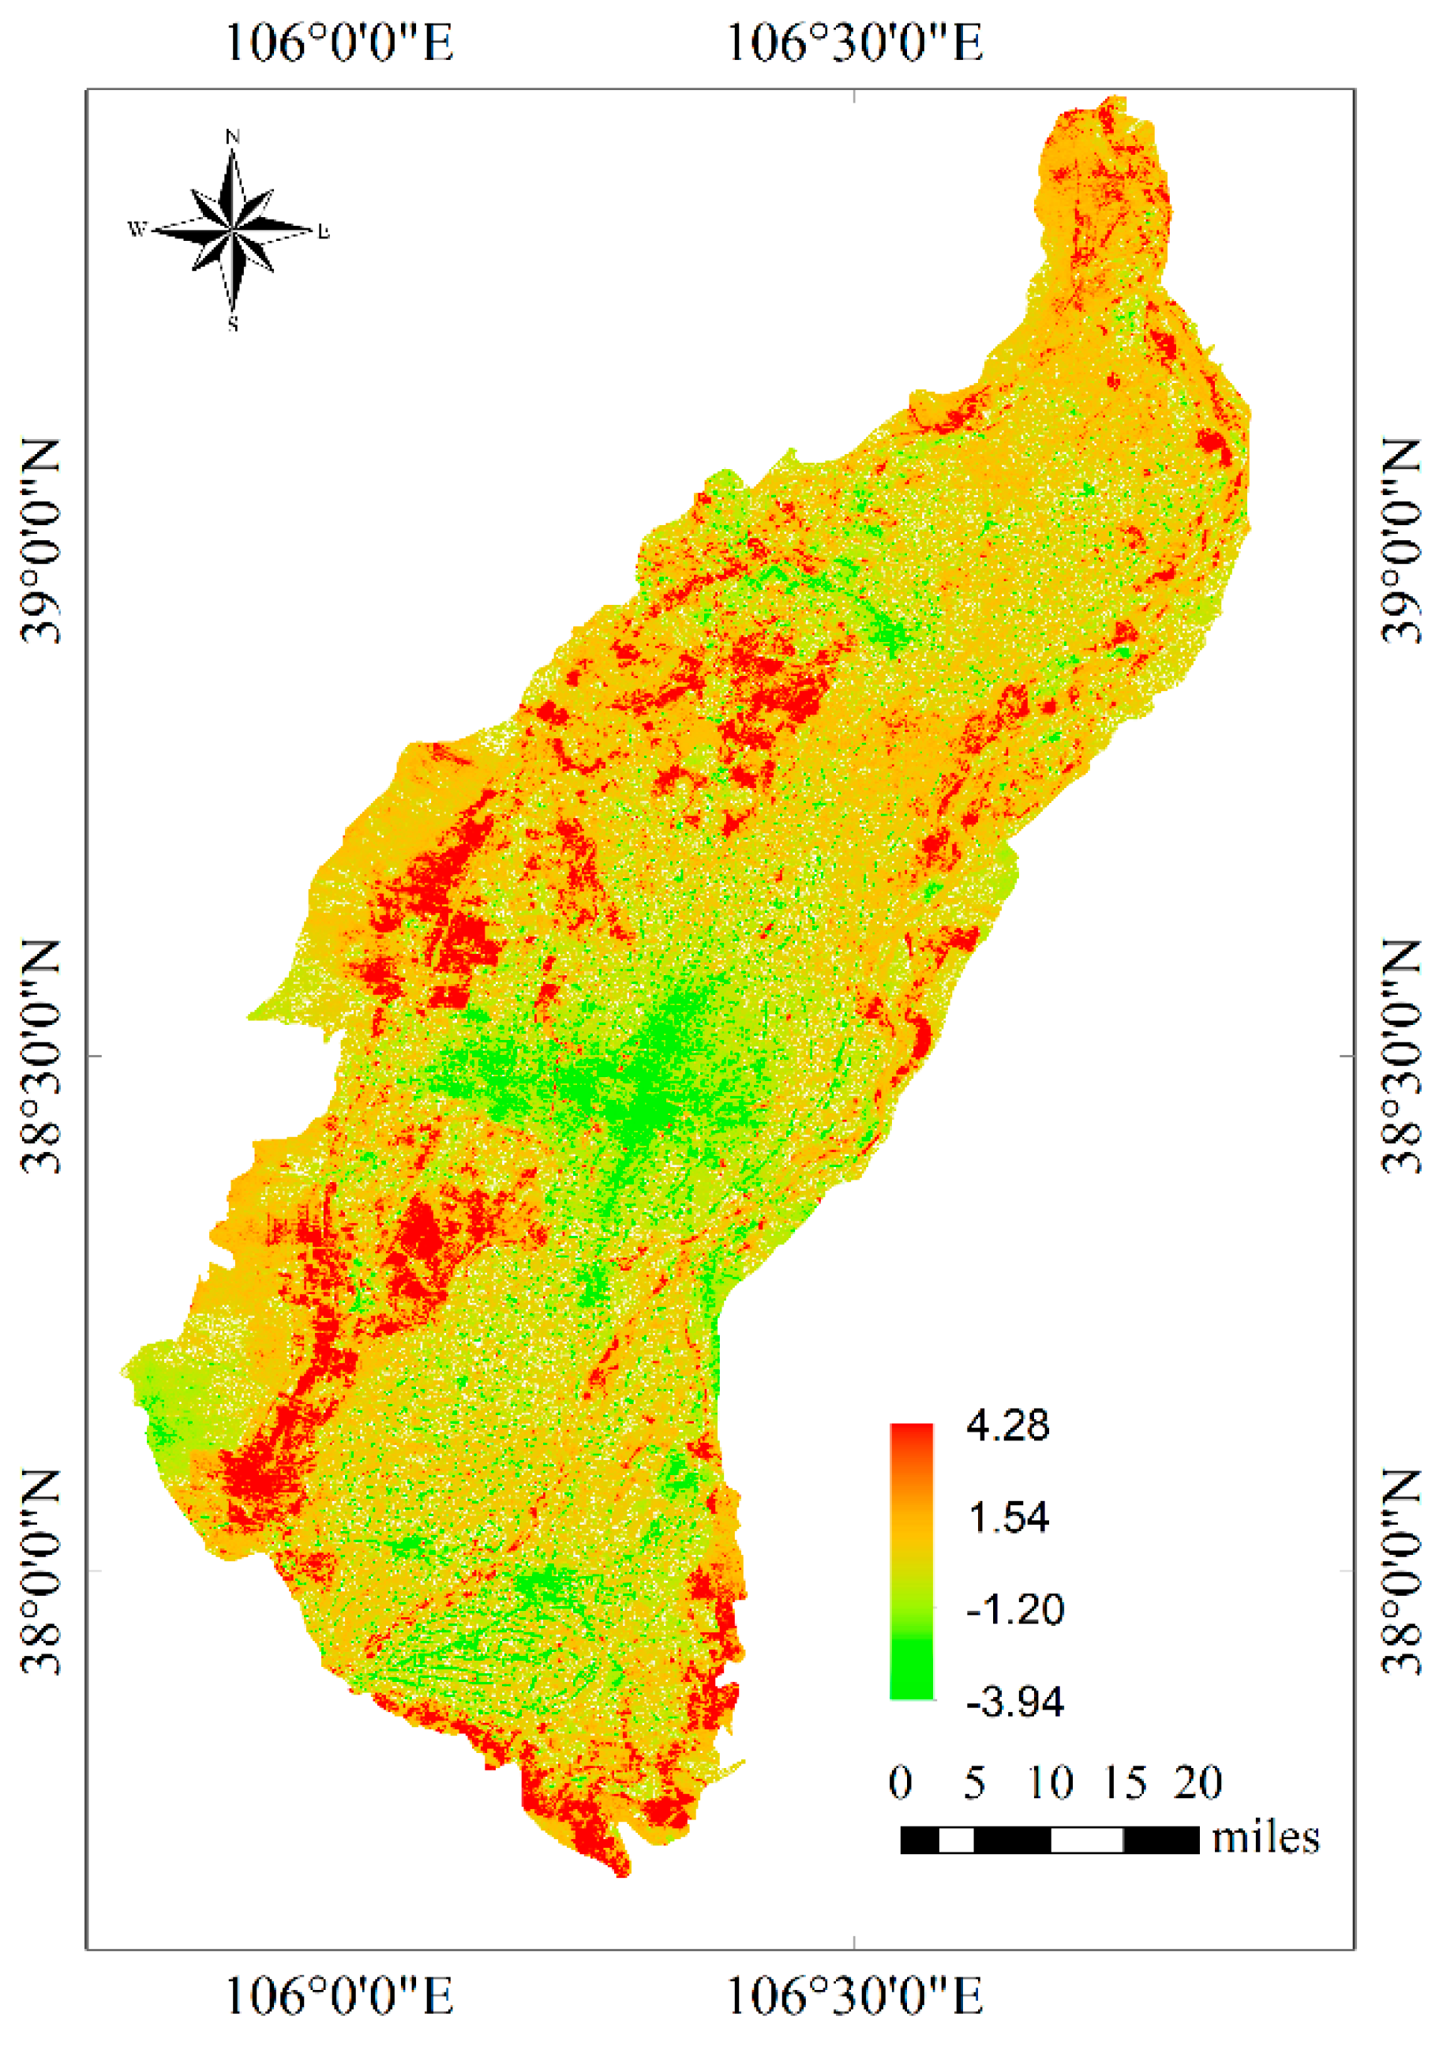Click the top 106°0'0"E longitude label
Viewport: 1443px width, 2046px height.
339,42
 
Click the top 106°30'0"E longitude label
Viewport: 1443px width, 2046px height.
854,42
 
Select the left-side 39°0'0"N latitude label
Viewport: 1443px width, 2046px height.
41,542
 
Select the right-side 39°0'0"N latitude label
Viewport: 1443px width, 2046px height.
1402,542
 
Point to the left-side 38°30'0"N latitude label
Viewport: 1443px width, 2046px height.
41,1056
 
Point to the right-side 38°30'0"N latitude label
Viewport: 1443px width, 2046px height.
1402,1056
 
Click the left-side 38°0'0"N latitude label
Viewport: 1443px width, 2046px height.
41,1572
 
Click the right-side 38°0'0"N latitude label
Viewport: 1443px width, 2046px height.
1402,1572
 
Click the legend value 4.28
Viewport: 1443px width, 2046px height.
1007,1426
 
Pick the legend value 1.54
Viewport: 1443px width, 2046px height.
1007,1518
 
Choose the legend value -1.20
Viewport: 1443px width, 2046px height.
1014,1609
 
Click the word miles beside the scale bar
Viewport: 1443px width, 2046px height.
1265,1838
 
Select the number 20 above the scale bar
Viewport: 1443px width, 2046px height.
1198,1782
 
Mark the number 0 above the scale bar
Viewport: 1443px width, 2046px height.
900,1782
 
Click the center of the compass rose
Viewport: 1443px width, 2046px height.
233,230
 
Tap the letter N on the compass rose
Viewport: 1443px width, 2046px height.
233,137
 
